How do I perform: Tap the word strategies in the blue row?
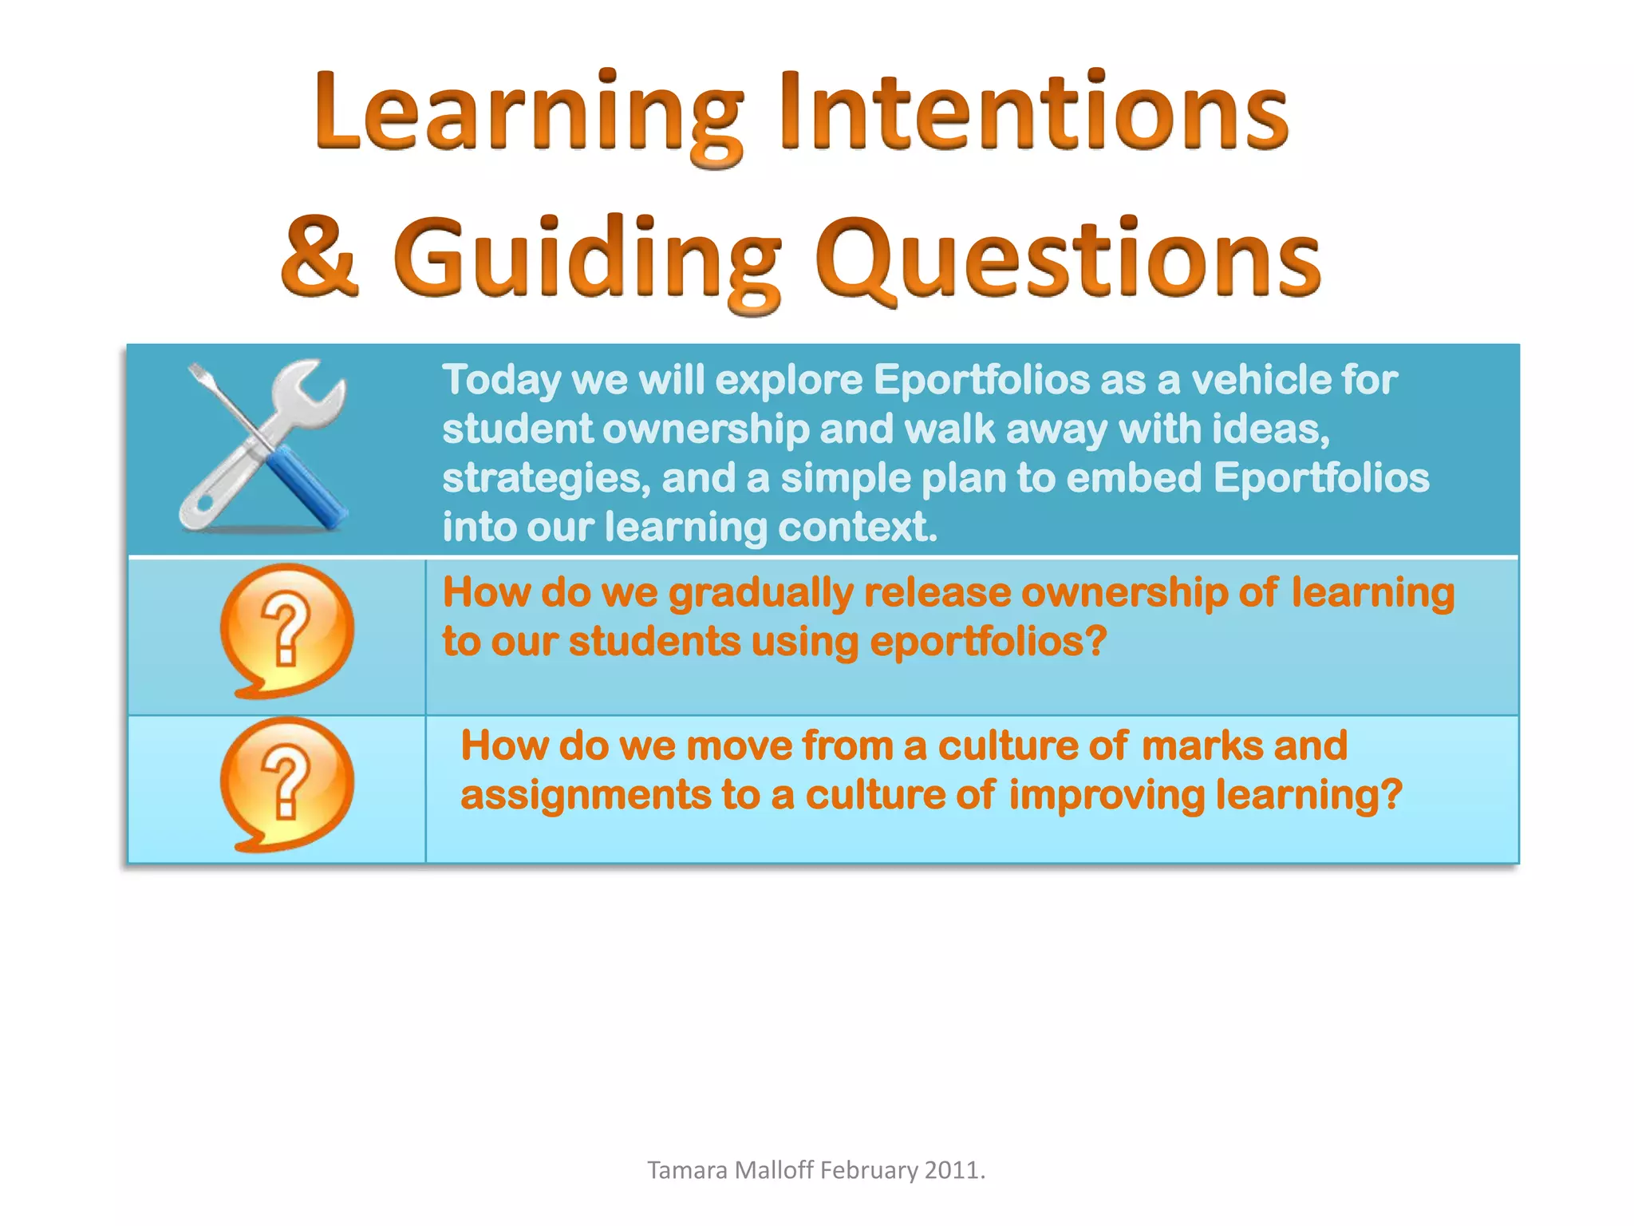point(546,479)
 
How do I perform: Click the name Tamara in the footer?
point(687,1170)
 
